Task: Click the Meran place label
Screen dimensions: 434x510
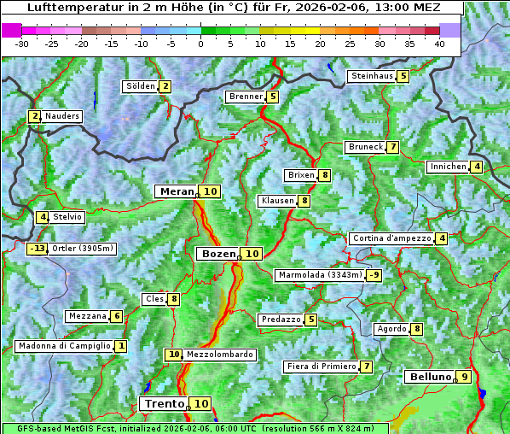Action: click(176, 191)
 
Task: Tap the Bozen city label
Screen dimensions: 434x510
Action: click(216, 254)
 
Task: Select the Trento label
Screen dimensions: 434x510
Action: click(165, 403)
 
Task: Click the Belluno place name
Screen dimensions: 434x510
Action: click(429, 377)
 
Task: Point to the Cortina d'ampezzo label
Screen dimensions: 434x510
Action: click(391, 238)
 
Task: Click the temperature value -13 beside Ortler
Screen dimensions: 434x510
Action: click(37, 249)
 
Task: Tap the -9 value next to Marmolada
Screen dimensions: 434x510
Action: click(374, 275)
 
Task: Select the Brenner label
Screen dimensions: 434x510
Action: click(246, 97)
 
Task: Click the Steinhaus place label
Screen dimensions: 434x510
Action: click(372, 76)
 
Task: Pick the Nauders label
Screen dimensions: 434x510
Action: click(62, 116)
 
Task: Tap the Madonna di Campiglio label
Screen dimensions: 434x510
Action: click(64, 346)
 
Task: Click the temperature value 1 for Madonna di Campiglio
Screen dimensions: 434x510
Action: click(121, 346)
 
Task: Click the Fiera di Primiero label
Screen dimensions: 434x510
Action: click(321, 367)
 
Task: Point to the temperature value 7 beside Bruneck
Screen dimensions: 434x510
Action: click(392, 147)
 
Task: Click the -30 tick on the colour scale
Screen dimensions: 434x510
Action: click(22, 44)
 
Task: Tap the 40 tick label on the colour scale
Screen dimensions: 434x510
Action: click(439, 44)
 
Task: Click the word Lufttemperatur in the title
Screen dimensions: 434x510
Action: click(65, 8)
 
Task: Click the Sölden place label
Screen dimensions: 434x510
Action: click(141, 86)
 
